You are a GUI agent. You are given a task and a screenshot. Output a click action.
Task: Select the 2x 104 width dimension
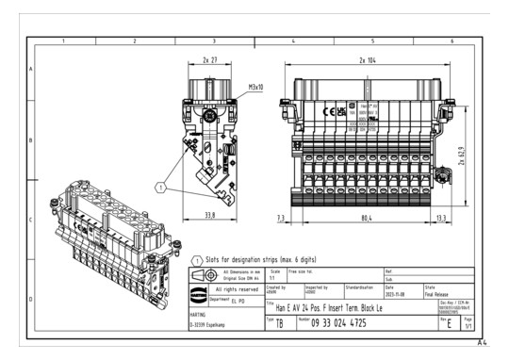pyautogui.click(x=369, y=58)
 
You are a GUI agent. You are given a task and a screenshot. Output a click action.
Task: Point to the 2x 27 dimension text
pyautogui.click(x=210, y=58)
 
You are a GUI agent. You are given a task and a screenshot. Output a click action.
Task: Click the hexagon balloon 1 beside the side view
pyautogui.click(x=161, y=188)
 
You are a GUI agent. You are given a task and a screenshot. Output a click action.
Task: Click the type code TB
pyautogui.click(x=278, y=323)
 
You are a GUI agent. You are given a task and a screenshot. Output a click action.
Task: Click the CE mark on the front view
pyautogui.click(x=330, y=111)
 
